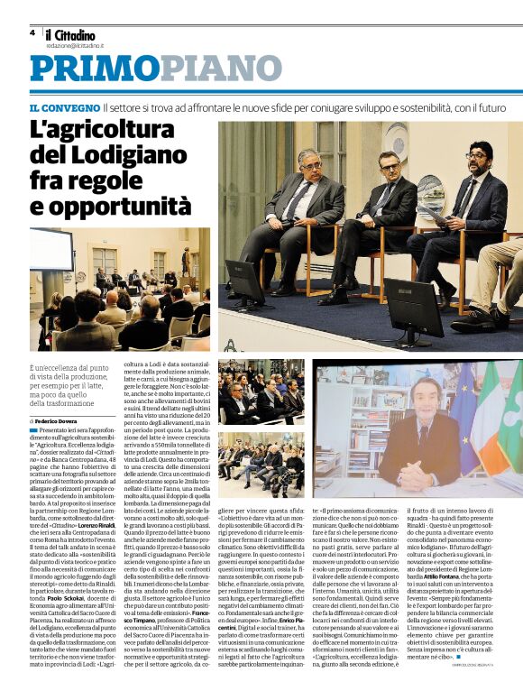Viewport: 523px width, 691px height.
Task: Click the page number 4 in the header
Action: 32,32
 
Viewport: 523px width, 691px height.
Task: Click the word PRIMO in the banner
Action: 87,69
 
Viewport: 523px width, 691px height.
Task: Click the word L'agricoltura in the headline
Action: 110,130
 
